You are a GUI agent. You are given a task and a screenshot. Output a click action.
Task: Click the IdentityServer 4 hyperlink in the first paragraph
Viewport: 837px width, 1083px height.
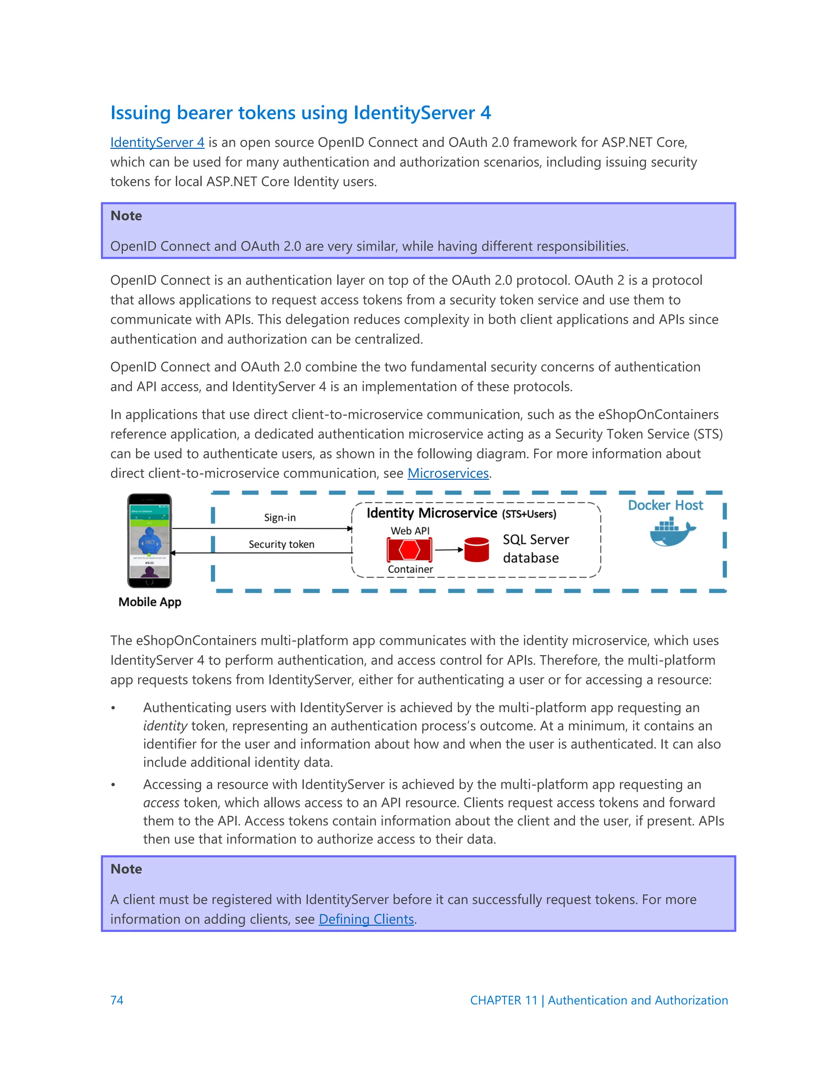pos(157,142)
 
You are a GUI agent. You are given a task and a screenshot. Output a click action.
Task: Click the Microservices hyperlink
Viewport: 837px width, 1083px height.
pos(448,473)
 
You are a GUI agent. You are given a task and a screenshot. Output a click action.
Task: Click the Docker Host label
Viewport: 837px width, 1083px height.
pos(665,505)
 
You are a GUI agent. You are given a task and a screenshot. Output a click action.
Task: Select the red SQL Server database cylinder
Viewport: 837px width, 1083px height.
pos(477,549)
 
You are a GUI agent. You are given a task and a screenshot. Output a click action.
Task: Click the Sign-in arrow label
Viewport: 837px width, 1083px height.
pos(280,518)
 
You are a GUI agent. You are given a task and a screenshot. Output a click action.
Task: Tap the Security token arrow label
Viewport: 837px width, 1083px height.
pos(281,544)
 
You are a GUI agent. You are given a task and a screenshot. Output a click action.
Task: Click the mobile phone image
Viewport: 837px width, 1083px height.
pos(149,541)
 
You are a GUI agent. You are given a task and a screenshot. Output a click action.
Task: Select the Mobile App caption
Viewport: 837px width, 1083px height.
pos(150,602)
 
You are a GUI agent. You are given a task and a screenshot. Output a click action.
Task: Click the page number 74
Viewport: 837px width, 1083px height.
pos(117,1000)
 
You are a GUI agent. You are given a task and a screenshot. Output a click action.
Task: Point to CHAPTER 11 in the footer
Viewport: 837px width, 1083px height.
pos(503,1000)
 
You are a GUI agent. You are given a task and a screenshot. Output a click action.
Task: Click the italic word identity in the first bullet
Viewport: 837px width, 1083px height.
pos(165,726)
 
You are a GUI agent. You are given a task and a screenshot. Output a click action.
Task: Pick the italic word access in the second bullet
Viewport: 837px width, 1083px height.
pos(161,803)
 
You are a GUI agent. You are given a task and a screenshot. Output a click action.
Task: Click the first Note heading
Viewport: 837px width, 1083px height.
pos(126,216)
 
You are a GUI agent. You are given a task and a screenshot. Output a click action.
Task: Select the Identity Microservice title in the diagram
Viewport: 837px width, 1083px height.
pos(432,513)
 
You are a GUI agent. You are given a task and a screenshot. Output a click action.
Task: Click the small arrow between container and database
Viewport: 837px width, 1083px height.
pos(449,549)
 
